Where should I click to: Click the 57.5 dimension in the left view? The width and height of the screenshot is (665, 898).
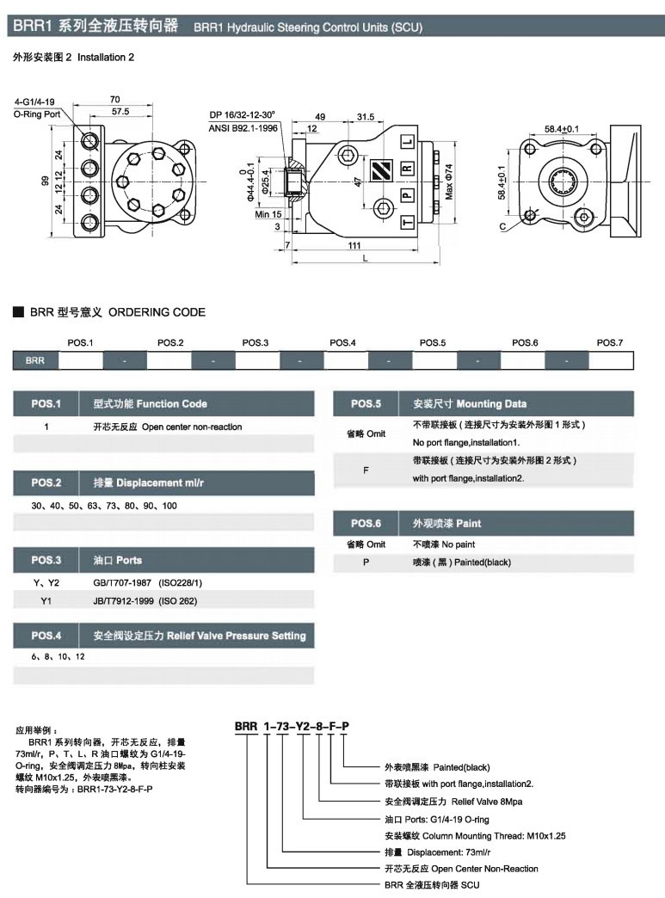tap(120, 112)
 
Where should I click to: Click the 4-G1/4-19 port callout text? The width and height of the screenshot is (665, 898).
tap(34, 101)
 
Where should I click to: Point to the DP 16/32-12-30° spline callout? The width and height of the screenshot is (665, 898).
tap(242, 114)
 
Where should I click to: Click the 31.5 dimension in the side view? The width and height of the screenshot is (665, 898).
tap(366, 116)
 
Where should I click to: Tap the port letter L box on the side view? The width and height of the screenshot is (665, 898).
tap(408, 142)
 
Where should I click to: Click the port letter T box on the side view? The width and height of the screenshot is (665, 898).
tap(408, 223)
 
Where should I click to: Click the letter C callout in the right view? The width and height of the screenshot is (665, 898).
tap(502, 227)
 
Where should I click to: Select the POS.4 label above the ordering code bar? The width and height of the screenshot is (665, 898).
tap(342, 342)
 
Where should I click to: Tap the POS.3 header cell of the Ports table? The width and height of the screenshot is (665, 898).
tap(46, 561)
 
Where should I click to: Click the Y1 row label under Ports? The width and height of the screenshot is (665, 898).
tap(46, 599)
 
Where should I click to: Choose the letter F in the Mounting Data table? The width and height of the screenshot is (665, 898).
tap(366, 470)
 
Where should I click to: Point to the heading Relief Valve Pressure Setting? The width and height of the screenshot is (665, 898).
tap(236, 636)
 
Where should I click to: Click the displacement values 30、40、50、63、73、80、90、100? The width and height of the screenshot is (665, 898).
tap(104, 506)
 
